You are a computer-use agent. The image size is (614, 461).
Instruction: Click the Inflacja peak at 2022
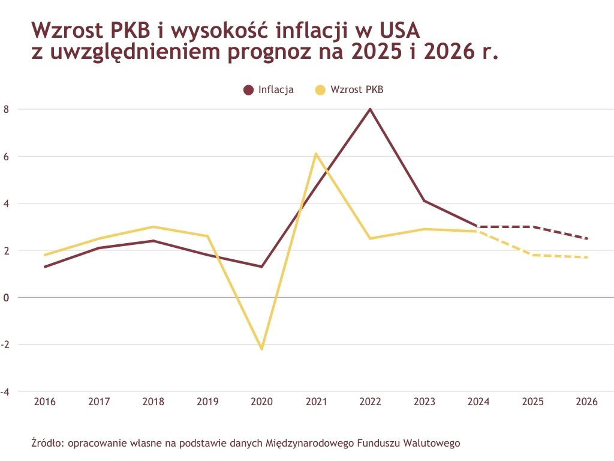(x=370, y=109)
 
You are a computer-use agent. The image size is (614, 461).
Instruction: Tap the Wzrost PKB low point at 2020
(x=261, y=349)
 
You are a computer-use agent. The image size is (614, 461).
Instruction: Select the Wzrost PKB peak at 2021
(x=316, y=154)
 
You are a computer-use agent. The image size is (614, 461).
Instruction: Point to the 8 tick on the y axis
(x=6, y=109)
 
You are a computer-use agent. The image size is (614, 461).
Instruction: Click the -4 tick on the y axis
(x=6, y=391)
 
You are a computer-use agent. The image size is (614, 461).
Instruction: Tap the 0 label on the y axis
(x=6, y=297)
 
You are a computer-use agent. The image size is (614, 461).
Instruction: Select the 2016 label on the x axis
(x=45, y=402)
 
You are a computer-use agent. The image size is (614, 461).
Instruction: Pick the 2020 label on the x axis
(x=261, y=402)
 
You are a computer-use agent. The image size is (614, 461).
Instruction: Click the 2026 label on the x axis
(x=586, y=402)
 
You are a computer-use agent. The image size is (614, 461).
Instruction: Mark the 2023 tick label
(x=424, y=402)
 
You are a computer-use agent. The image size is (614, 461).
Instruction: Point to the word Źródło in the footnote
(x=47, y=444)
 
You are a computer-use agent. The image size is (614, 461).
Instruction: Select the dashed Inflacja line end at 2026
(x=586, y=238)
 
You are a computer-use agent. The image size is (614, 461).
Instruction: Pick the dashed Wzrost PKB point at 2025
(x=532, y=255)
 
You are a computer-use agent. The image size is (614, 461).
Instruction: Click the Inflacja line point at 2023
(x=424, y=200)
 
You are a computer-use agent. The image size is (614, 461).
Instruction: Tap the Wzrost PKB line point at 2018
(x=153, y=227)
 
